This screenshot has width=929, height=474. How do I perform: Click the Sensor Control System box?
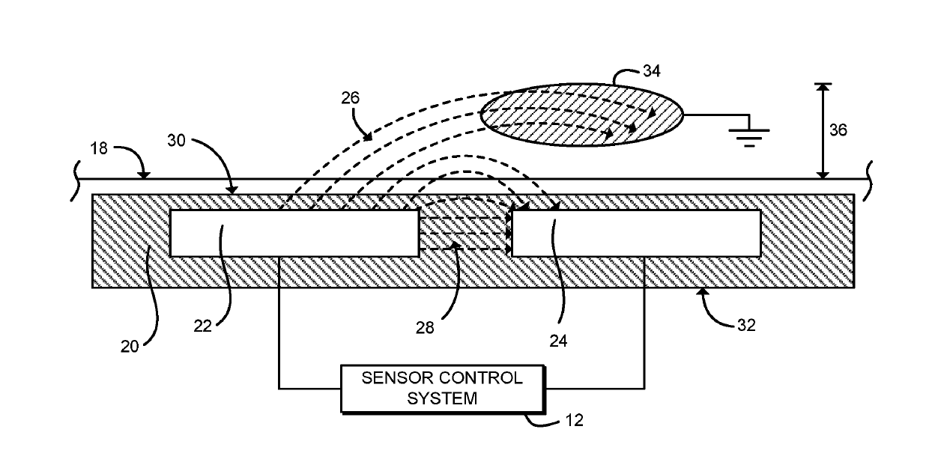coord(443,388)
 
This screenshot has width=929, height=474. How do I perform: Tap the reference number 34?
coord(653,71)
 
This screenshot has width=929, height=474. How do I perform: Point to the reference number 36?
coord(838,130)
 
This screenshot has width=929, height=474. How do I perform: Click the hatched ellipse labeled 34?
coord(581,115)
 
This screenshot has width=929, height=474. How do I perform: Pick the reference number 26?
coord(350,97)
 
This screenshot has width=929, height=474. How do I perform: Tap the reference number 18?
coord(99,148)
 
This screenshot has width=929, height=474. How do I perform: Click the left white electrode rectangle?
coord(294,233)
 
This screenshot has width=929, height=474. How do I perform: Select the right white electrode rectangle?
coord(635,233)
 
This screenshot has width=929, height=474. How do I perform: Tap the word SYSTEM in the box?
coord(442,398)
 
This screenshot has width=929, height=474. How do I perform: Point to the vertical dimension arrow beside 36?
coord(823,130)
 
